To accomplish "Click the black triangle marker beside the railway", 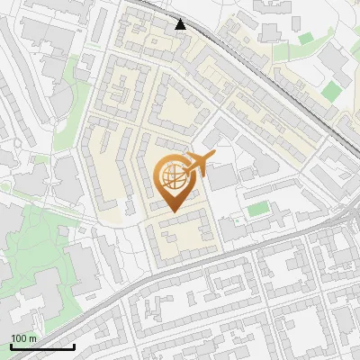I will [x=181, y=24].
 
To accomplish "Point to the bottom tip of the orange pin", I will [x=174, y=213].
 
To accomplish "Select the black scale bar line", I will [x=42, y=346].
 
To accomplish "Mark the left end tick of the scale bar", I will [x=11, y=345].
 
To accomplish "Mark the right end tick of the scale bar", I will [x=74, y=345].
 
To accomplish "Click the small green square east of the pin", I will [x=258, y=209].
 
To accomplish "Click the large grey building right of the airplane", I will [x=222, y=176].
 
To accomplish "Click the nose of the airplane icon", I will [x=214, y=157].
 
